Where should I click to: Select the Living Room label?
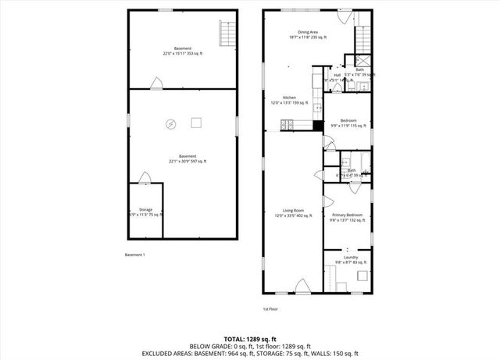point(293,212)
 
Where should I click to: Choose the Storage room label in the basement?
point(145,211)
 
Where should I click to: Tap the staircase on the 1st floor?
point(364,37)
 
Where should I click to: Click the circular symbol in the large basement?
point(170,123)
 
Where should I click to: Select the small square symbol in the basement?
point(197,122)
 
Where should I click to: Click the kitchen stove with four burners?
point(287,123)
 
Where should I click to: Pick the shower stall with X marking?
point(363,59)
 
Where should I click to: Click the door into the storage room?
point(144,179)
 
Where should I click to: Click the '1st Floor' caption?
point(270,308)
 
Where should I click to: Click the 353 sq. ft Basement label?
point(183,52)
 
